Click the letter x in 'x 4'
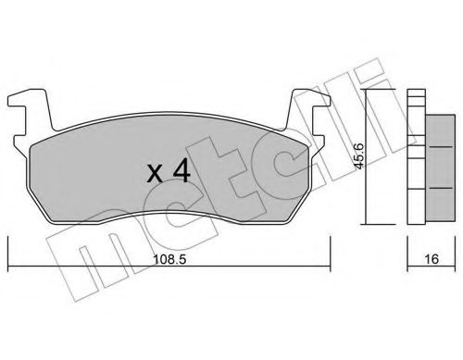(157, 172)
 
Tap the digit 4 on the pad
(181, 170)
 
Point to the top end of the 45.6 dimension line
(369, 90)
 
